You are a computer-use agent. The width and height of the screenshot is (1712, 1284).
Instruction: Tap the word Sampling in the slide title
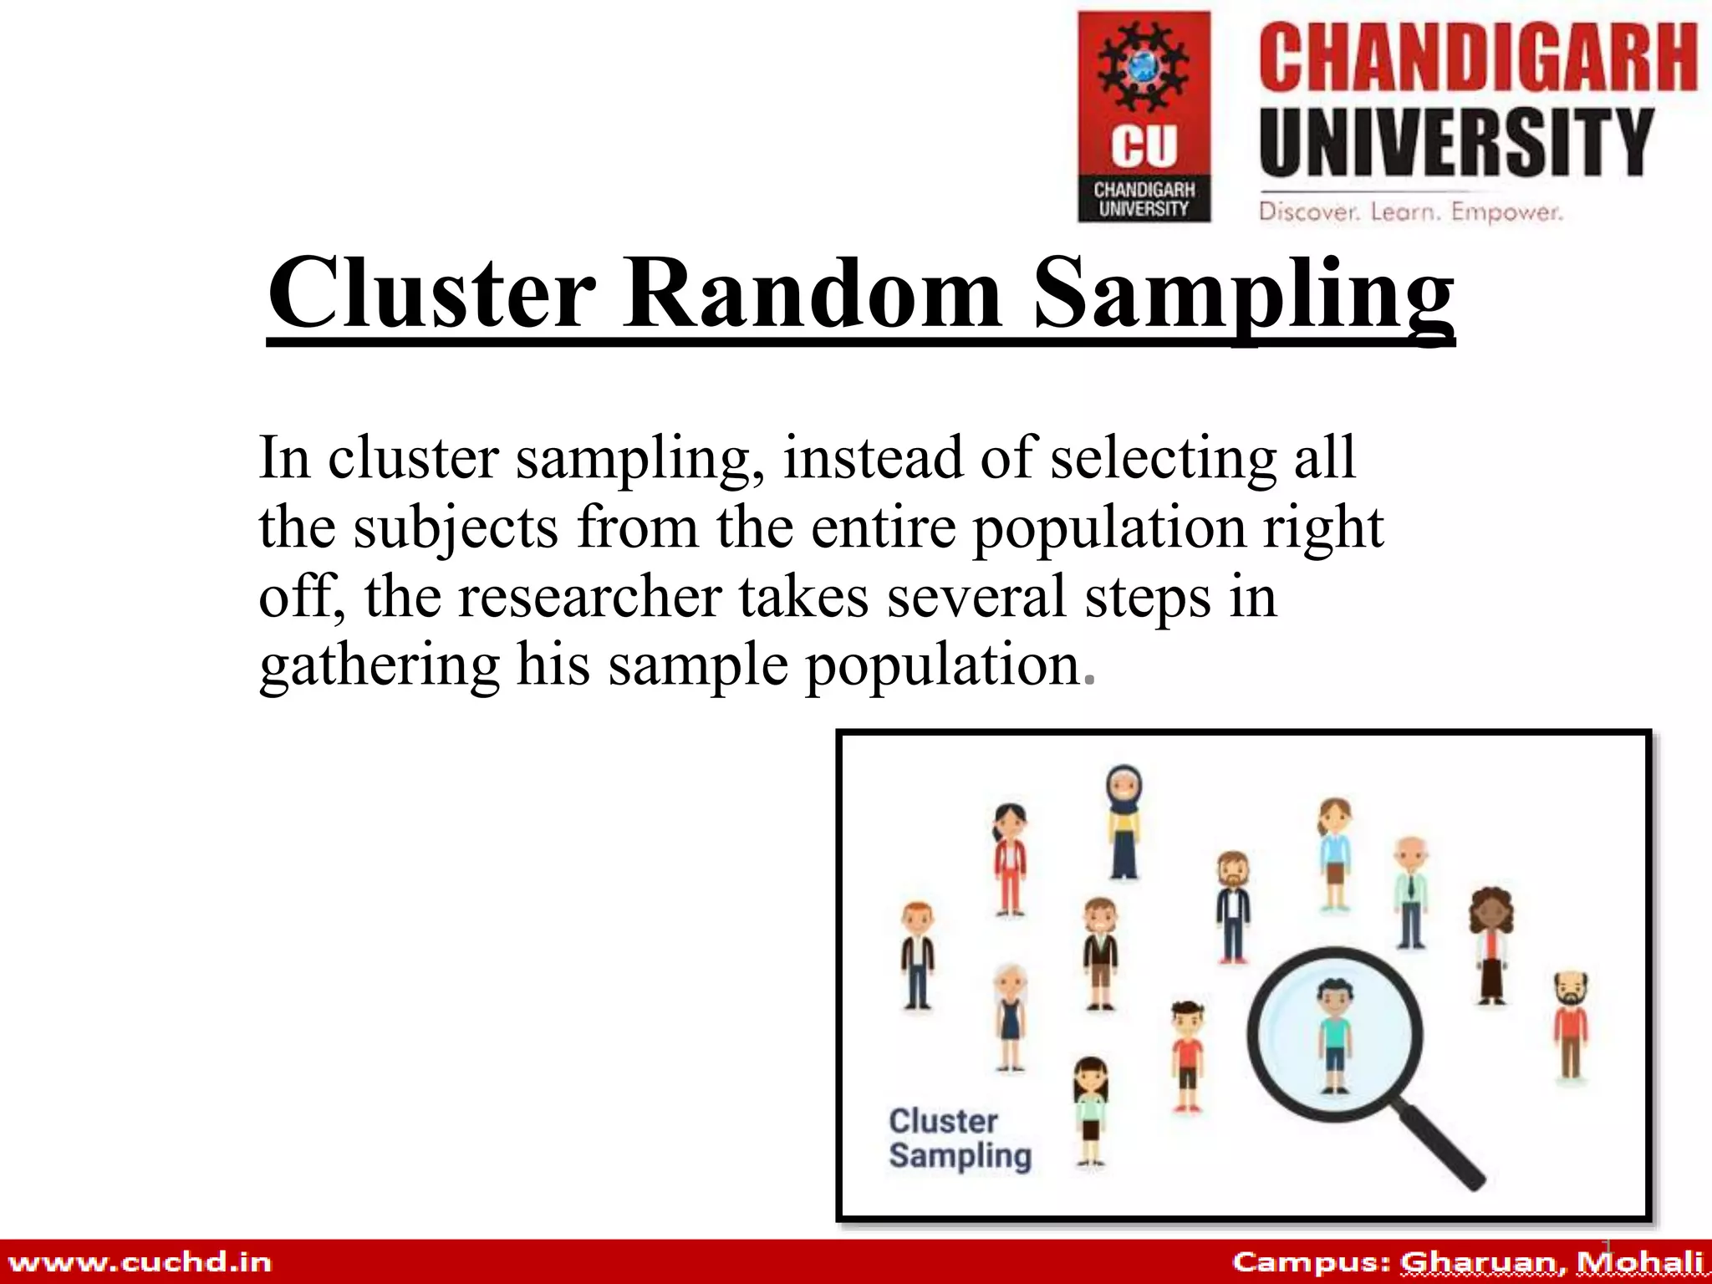pyautogui.click(x=1244, y=294)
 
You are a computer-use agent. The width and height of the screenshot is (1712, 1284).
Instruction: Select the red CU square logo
pyautogui.click(x=1144, y=116)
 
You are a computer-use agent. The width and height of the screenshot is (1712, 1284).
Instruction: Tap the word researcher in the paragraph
pyautogui.click(x=589, y=596)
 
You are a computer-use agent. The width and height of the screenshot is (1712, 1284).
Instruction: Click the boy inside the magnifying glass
pyautogui.click(x=1334, y=1037)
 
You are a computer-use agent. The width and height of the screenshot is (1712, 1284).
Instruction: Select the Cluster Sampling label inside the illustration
pyautogui.click(x=960, y=1139)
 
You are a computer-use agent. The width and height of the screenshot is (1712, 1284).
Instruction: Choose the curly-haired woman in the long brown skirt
pyautogui.click(x=1491, y=945)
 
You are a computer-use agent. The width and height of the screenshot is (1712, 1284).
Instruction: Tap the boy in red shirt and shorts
pyautogui.click(x=1186, y=1055)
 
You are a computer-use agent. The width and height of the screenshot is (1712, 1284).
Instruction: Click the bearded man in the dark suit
pyautogui.click(x=1233, y=907)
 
